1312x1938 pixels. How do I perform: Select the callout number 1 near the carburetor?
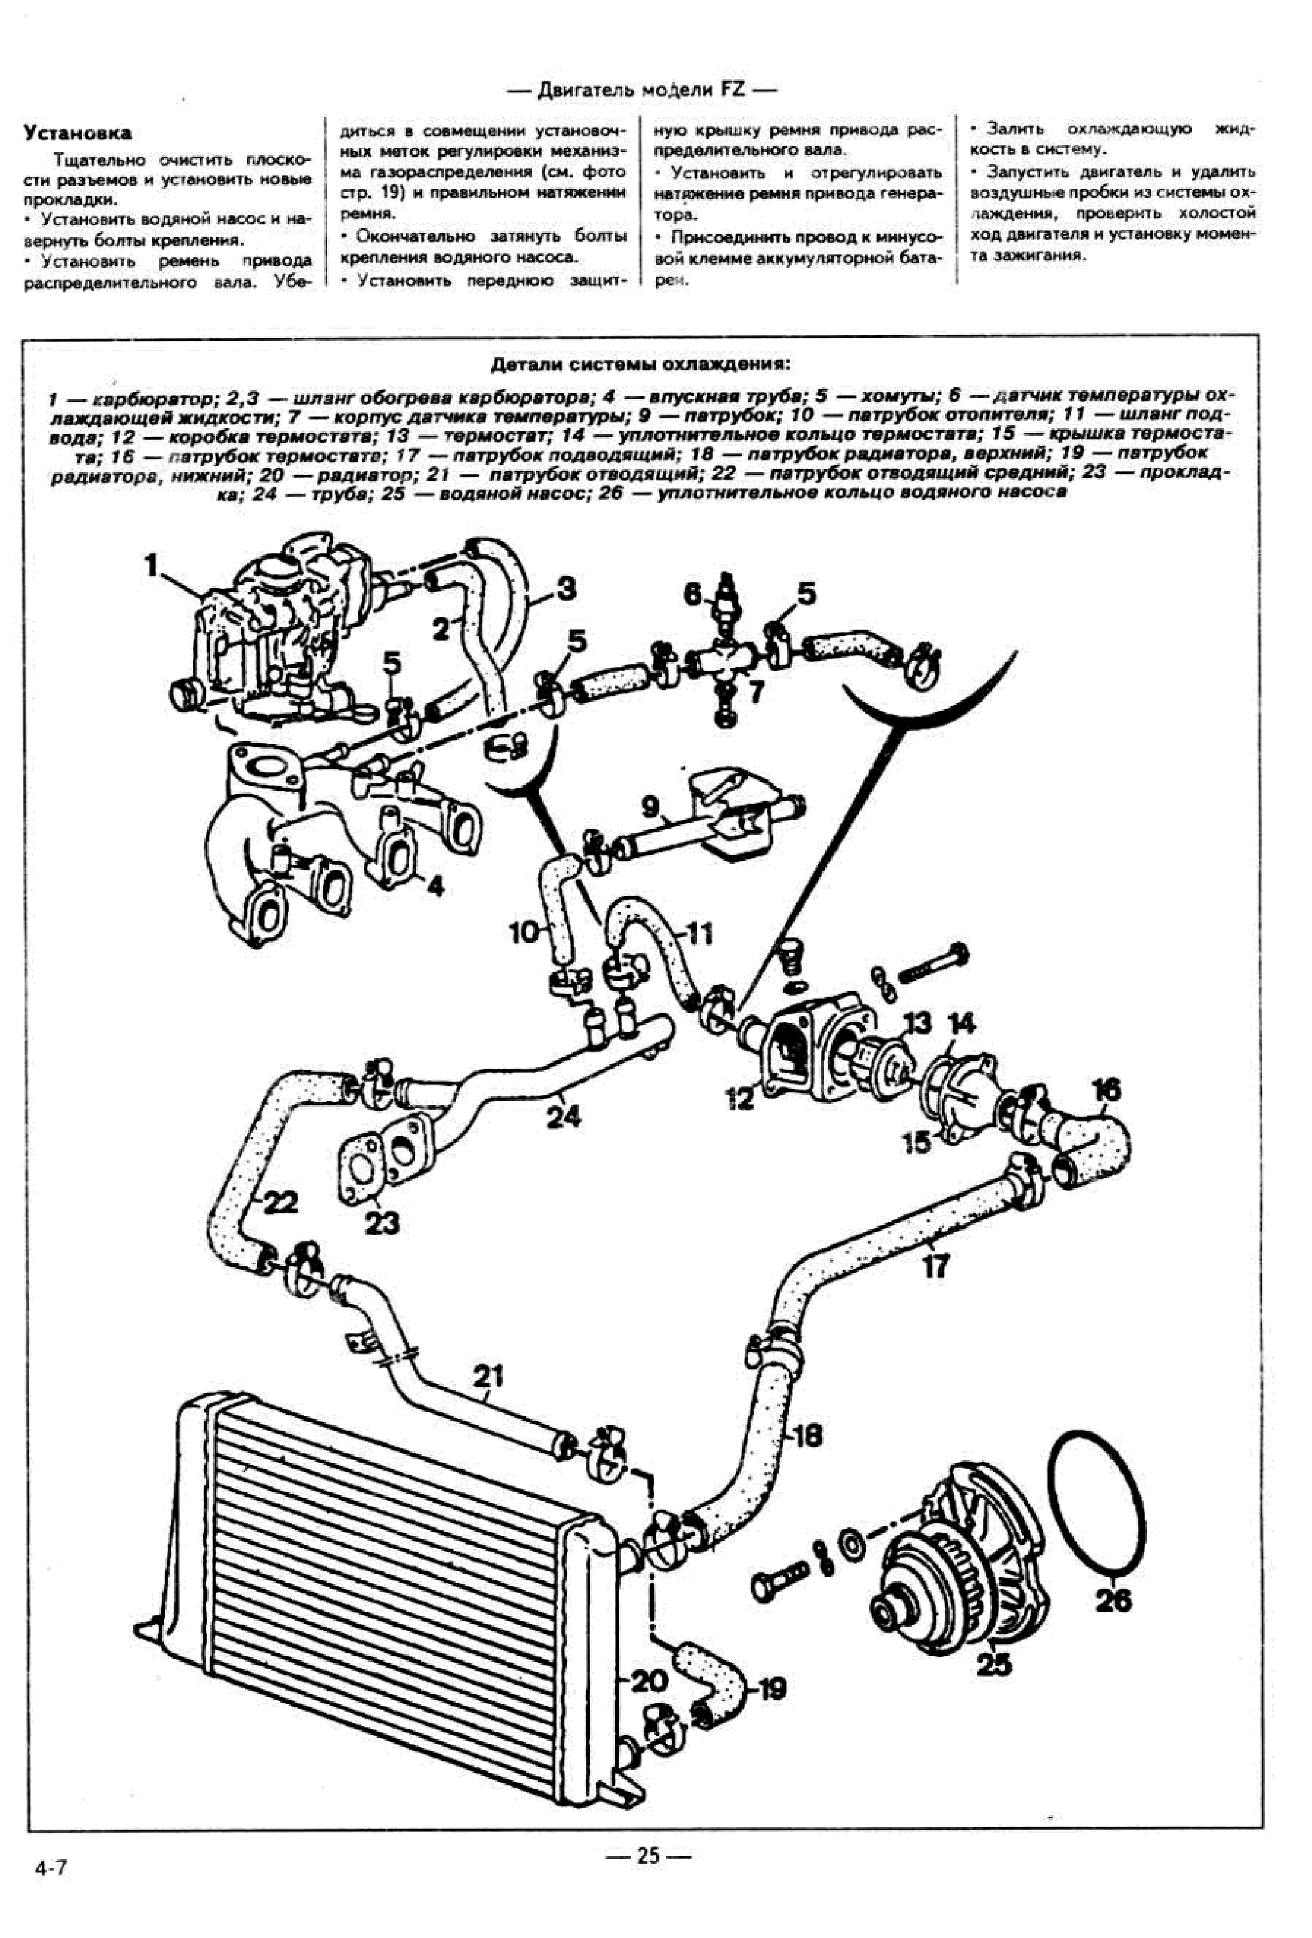click(x=151, y=566)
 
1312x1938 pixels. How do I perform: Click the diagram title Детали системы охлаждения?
click(x=640, y=364)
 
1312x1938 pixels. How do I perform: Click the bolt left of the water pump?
click(x=780, y=1580)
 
